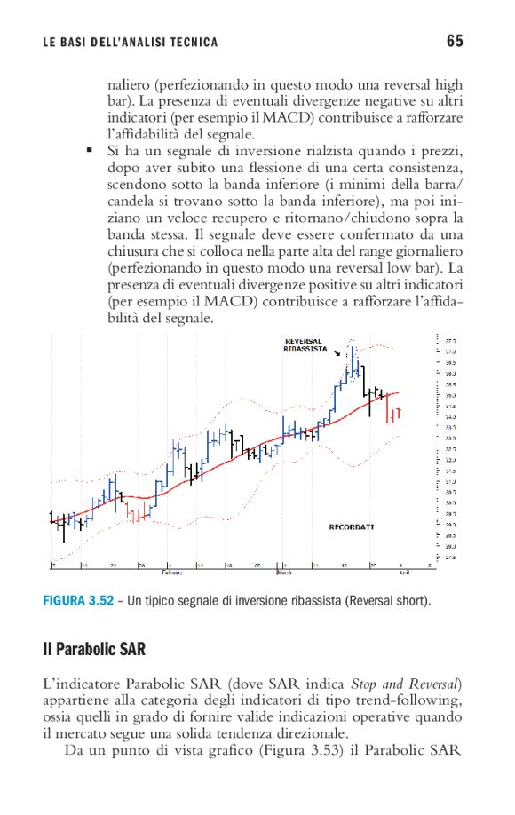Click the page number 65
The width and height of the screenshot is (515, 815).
(x=455, y=41)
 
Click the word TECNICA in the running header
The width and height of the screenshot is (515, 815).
(x=187, y=42)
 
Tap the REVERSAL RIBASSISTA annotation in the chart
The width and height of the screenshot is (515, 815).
(x=305, y=345)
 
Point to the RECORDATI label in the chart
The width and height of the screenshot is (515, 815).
(x=351, y=526)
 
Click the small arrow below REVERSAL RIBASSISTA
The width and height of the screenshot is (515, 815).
(x=337, y=353)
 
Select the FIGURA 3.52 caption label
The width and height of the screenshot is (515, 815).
(x=78, y=602)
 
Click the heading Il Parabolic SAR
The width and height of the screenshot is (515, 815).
(x=94, y=649)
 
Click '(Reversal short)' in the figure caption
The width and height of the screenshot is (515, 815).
(x=390, y=602)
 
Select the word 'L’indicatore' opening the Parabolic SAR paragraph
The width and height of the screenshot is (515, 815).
(x=81, y=684)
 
